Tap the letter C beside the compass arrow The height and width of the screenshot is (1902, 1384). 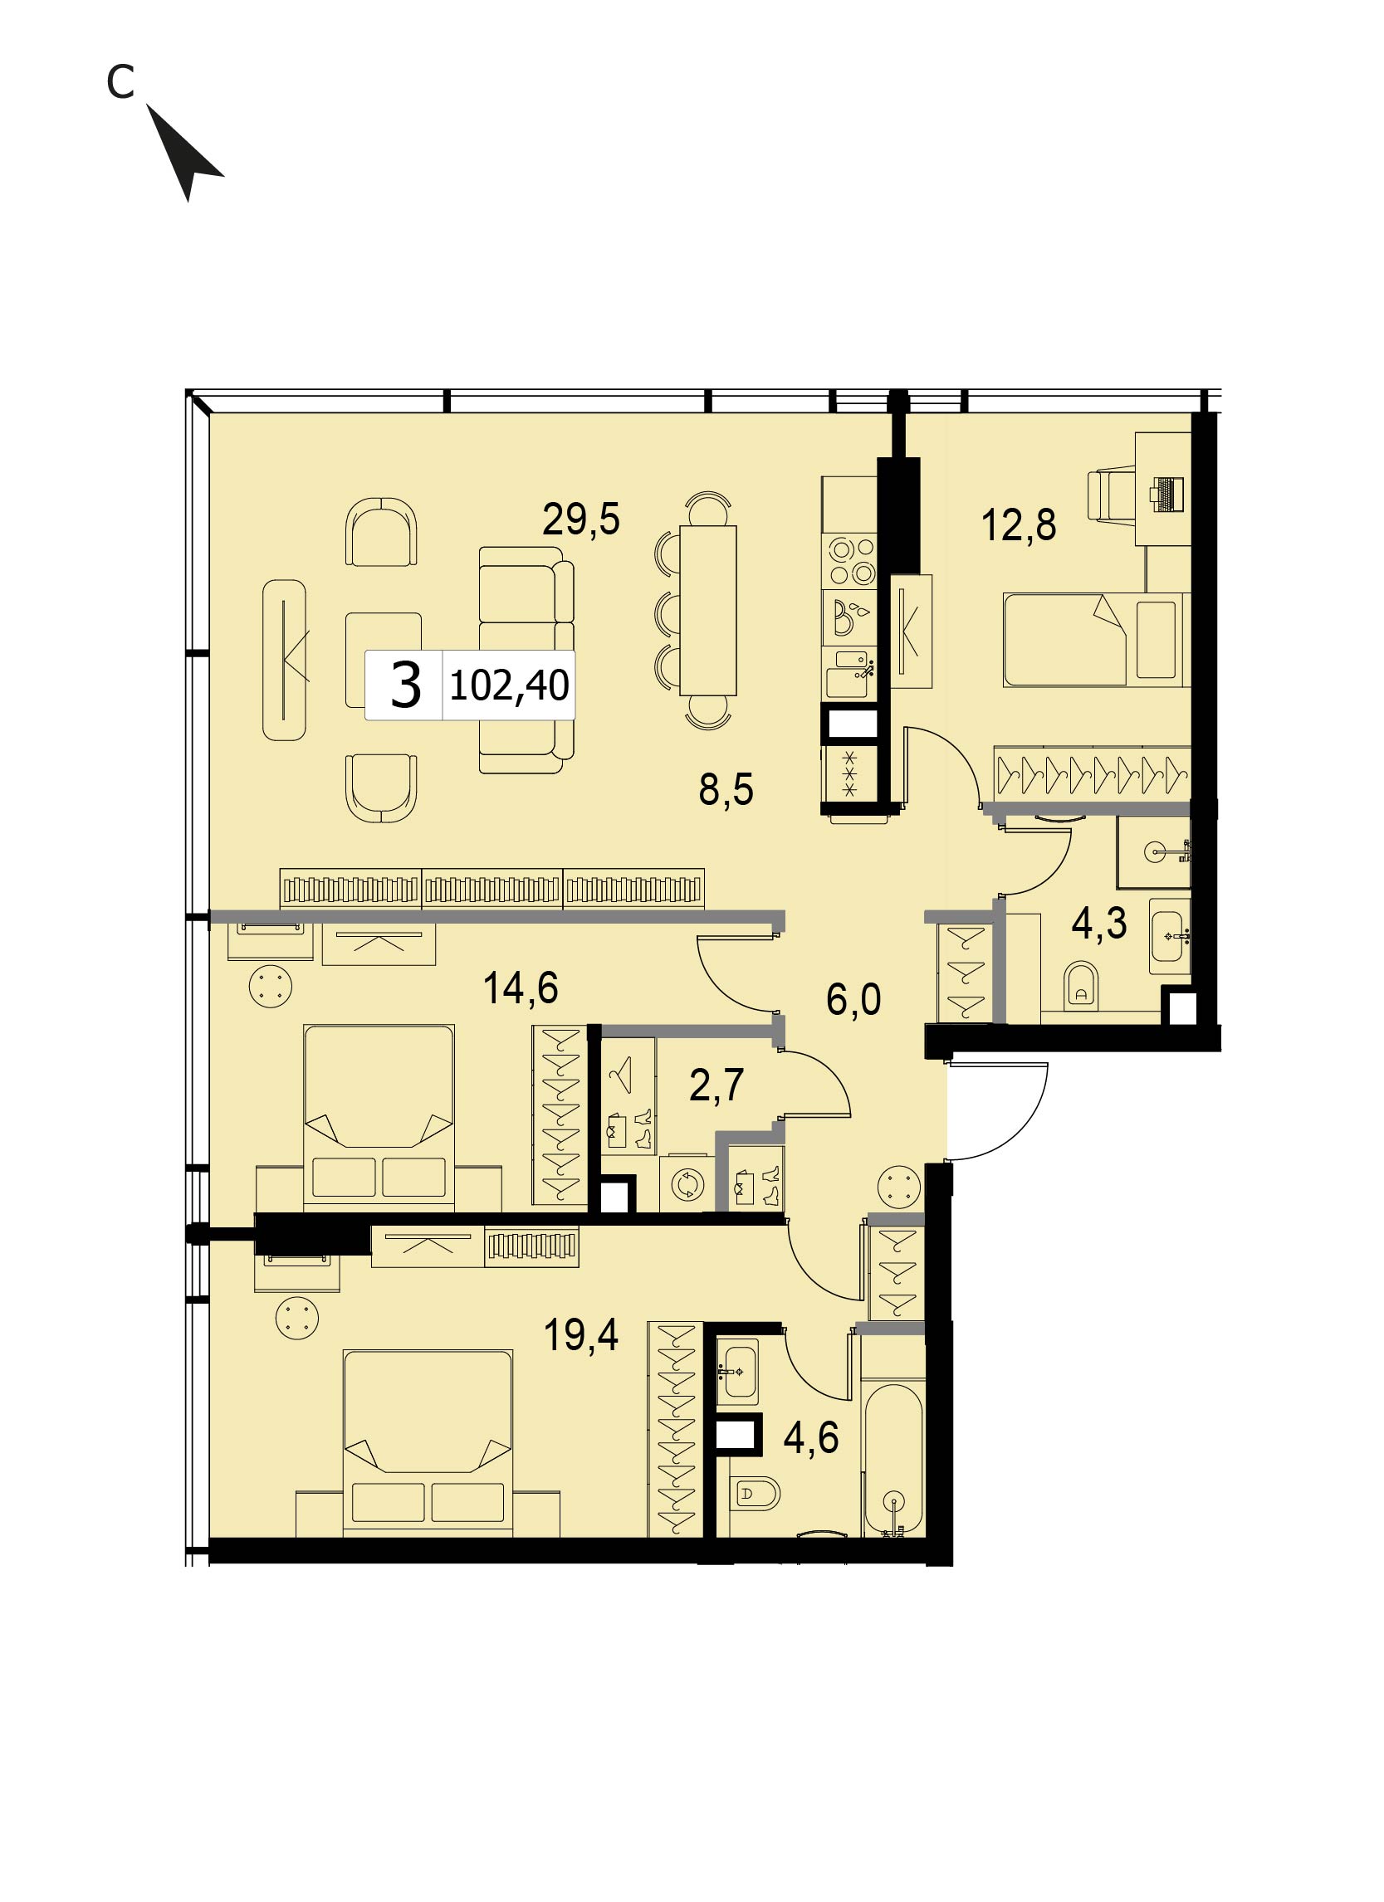point(120,82)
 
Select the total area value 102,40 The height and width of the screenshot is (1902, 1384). point(509,685)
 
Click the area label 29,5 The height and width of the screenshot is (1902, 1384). point(580,519)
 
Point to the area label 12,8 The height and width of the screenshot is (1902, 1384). point(1019,525)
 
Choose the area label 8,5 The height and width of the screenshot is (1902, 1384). point(726,789)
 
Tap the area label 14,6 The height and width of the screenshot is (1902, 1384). point(520,987)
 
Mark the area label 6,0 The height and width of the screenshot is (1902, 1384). point(853,1000)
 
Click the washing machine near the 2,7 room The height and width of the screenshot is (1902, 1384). point(687,1184)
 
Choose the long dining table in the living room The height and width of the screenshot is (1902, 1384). point(708,610)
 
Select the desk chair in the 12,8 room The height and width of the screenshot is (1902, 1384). point(1113,495)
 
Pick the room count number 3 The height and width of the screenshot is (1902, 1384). point(406,685)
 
